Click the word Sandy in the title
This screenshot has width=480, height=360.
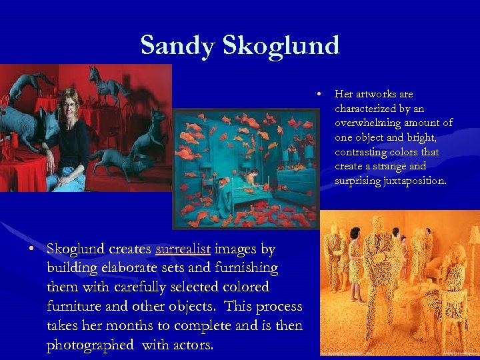click(177, 45)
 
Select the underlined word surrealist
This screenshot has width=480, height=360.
click(183, 249)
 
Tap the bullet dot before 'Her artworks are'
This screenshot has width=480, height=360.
click(321, 94)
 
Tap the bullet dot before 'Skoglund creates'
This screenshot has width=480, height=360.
click(32, 249)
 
